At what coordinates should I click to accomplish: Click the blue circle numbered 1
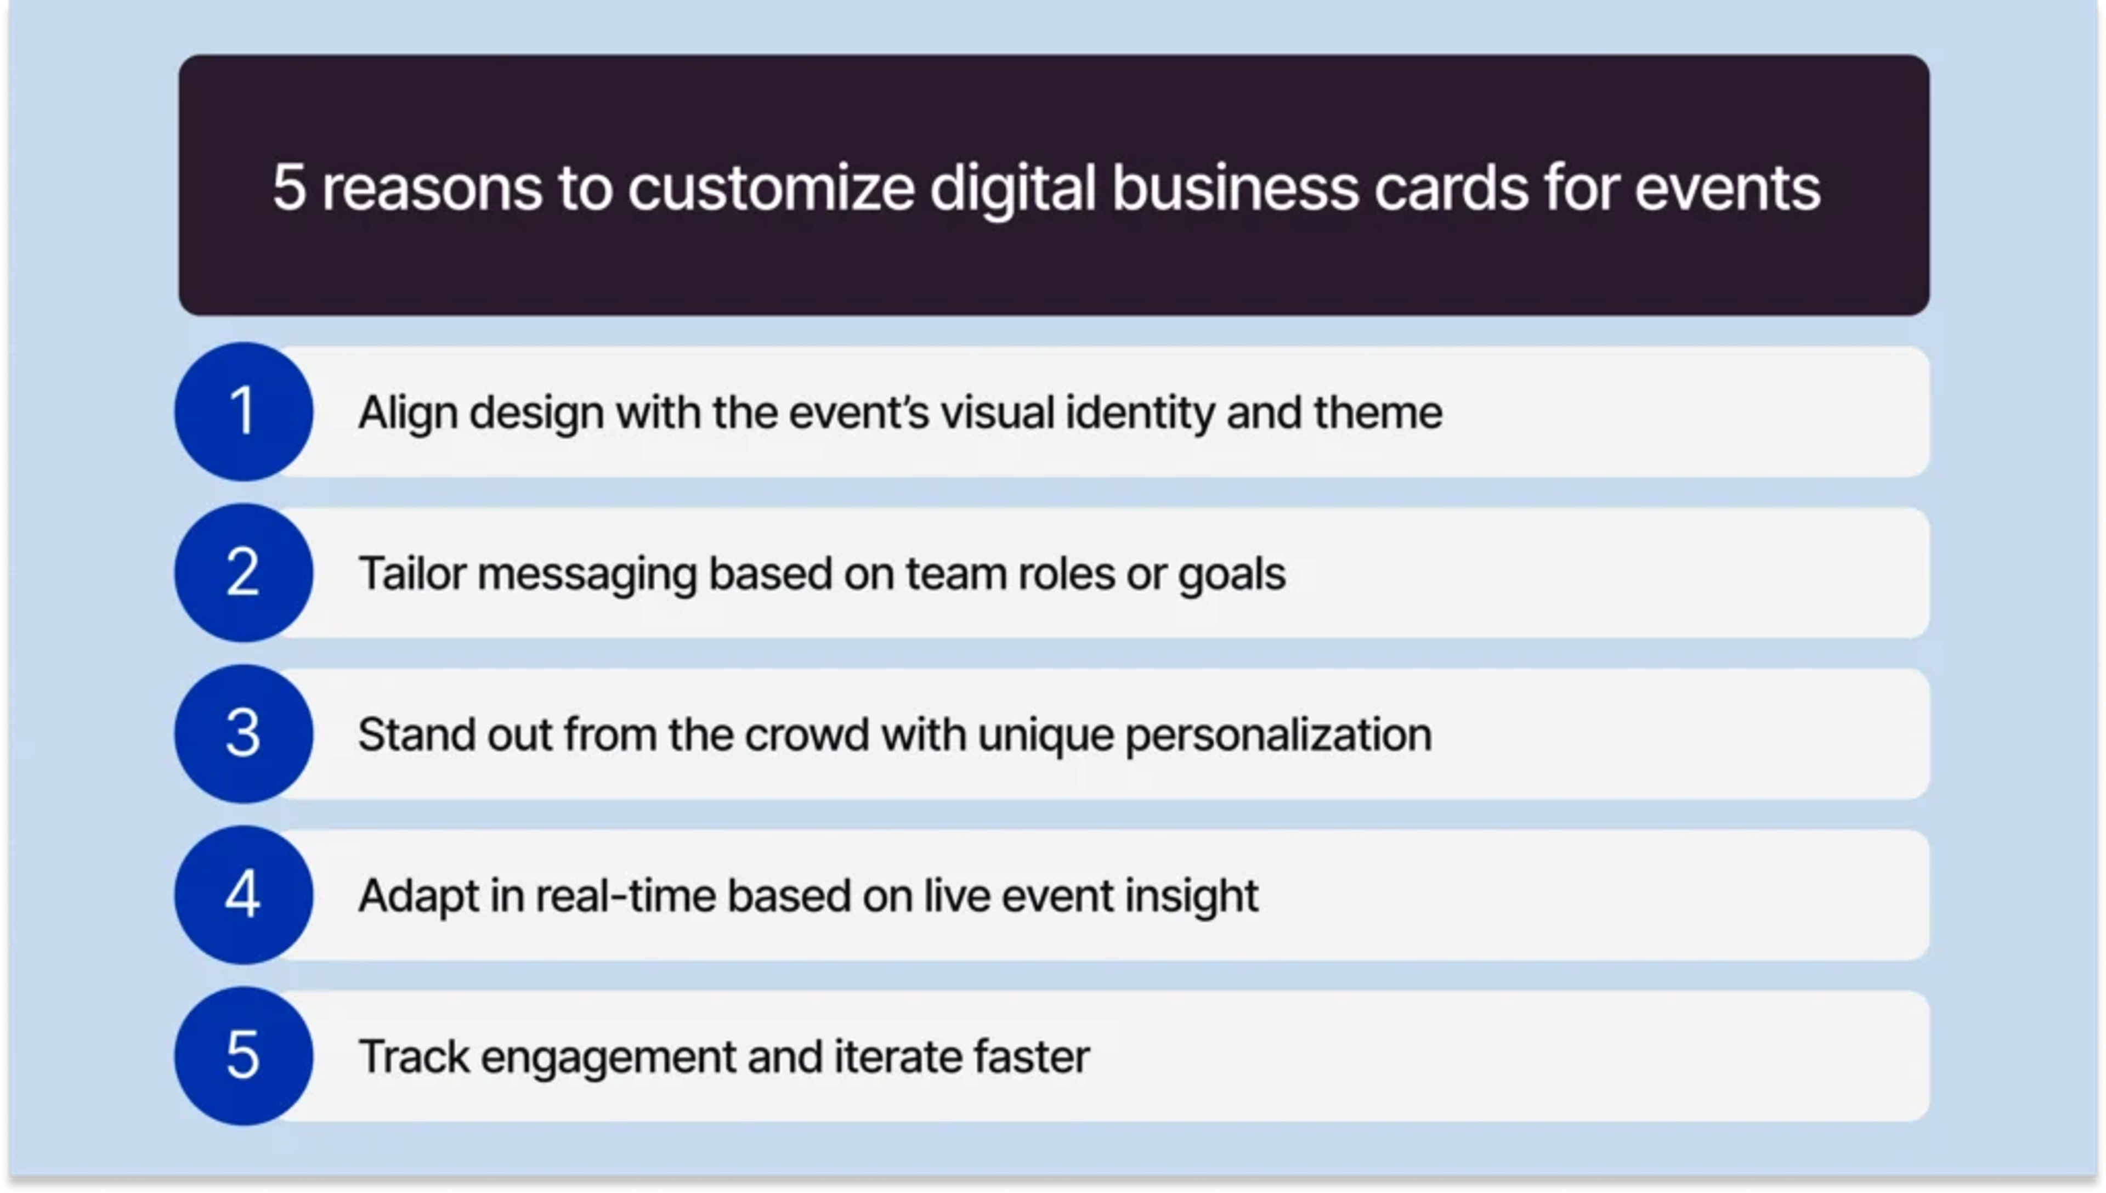click(x=244, y=411)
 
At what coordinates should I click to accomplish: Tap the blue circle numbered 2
click(x=244, y=573)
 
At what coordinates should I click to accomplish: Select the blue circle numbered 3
click(x=244, y=733)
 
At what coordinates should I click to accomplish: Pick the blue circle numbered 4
click(x=244, y=895)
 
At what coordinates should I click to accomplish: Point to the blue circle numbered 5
click(x=244, y=1055)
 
